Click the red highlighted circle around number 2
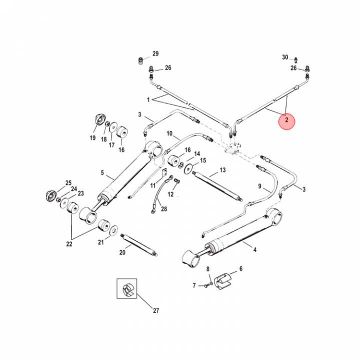pyautogui.click(x=287, y=120)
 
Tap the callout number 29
pyautogui.click(x=155, y=54)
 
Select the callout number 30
pyautogui.click(x=285, y=57)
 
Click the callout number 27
pyautogui.click(x=155, y=310)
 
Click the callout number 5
pyautogui.click(x=102, y=173)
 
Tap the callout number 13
pyautogui.click(x=222, y=170)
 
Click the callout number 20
pyautogui.click(x=122, y=252)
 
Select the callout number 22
pyautogui.click(x=69, y=244)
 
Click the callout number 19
pyautogui.click(x=92, y=138)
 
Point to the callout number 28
pyautogui.click(x=164, y=208)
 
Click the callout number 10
pyautogui.click(x=169, y=134)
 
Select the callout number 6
pyautogui.click(x=240, y=268)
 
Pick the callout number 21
pyautogui.click(x=100, y=242)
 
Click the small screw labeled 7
pyautogui.click(x=205, y=285)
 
